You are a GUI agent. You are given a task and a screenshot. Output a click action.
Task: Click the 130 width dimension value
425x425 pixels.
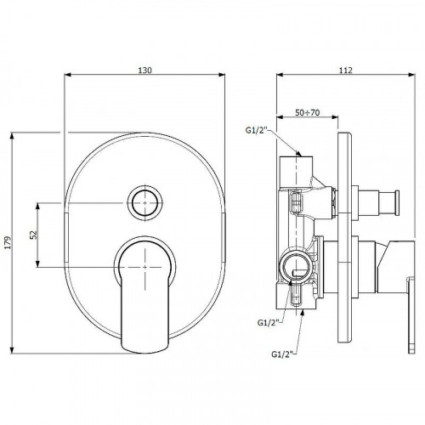(144, 70)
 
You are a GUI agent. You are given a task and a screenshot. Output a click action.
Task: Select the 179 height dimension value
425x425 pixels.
(8, 242)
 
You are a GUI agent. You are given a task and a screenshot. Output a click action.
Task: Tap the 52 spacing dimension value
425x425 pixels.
(34, 235)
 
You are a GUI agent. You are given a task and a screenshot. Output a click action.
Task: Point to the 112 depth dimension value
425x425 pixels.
(346, 70)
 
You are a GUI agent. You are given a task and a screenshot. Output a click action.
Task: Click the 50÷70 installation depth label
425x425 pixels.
(308, 112)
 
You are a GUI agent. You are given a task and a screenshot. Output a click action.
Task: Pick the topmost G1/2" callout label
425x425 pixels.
(257, 130)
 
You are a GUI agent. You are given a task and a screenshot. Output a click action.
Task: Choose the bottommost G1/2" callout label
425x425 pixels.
(282, 354)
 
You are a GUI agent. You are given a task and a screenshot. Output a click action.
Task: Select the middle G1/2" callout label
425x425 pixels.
(269, 323)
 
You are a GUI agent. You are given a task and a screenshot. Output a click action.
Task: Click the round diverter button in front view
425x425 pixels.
(144, 203)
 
